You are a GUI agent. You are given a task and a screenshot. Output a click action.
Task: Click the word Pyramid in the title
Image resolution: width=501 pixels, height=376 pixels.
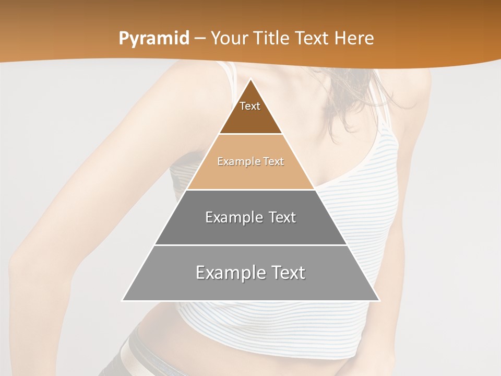point(153,39)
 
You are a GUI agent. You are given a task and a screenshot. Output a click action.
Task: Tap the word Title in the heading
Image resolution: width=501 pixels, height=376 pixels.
point(273,39)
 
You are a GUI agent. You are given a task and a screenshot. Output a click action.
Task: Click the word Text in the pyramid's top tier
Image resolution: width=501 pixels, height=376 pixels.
point(250,106)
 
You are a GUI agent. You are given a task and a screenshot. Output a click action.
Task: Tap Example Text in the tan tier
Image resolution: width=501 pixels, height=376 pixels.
point(250,161)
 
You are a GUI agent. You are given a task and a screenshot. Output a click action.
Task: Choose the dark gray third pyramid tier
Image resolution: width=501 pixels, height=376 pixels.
point(250,230)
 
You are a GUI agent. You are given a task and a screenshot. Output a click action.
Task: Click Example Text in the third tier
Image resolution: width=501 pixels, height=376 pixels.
point(250,217)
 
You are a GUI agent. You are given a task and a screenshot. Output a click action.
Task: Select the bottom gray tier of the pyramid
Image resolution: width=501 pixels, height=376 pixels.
point(250,287)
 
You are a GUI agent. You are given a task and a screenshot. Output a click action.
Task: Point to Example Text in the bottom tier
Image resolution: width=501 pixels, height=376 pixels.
point(250,273)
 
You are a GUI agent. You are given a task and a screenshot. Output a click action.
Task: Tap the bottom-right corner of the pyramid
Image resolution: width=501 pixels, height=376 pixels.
point(379,300)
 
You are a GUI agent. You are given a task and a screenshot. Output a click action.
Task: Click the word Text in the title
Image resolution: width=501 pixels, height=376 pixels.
point(312,39)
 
